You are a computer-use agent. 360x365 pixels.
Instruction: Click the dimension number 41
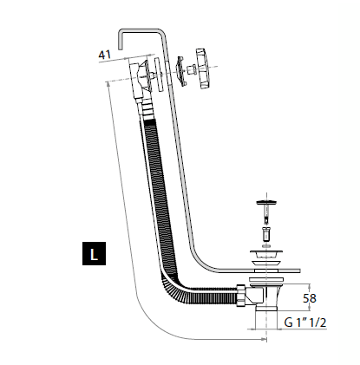pos(106,55)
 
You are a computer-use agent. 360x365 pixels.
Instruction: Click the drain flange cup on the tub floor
pos(265,262)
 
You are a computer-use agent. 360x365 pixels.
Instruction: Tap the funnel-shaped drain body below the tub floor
pos(265,286)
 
